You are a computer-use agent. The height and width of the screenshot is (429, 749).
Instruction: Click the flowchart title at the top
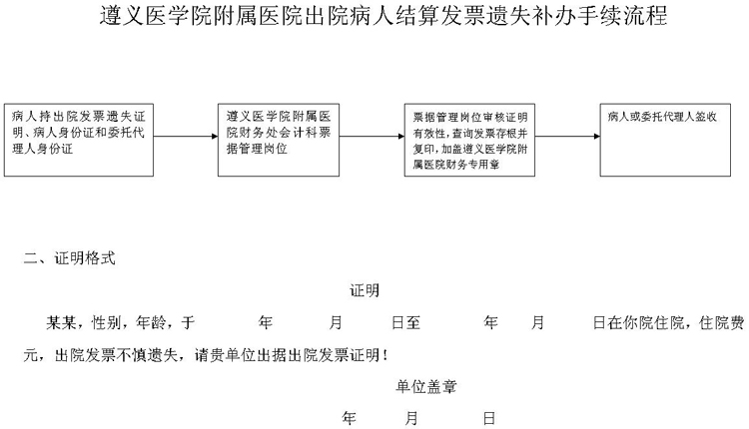[383, 16]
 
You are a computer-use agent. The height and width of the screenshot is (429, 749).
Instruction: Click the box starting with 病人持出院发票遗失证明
[79, 140]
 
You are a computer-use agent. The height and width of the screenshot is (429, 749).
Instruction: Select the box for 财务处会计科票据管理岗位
[279, 140]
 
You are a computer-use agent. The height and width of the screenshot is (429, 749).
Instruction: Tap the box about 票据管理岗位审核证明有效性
[469, 140]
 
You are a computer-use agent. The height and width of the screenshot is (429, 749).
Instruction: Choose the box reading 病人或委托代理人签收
[665, 140]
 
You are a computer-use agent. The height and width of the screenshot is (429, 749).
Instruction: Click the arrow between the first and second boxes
[186, 136]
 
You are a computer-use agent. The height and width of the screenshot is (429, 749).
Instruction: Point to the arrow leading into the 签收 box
[567, 136]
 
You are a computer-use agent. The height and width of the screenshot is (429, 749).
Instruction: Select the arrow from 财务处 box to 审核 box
[372, 136]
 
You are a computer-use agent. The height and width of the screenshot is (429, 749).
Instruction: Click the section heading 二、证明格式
[70, 258]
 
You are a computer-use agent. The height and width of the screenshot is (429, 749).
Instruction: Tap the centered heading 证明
[365, 290]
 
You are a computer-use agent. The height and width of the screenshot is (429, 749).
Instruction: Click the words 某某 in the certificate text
[61, 322]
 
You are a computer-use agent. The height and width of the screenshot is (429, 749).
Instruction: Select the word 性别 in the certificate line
[106, 322]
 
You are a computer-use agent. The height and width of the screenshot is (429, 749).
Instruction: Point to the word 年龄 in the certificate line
[151, 322]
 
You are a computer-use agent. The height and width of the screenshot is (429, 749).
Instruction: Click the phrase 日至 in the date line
[406, 322]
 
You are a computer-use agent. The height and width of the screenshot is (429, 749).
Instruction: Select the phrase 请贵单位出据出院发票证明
[287, 355]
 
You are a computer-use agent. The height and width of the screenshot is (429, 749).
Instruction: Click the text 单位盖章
[425, 386]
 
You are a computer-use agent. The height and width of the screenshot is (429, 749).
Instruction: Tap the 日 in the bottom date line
[488, 418]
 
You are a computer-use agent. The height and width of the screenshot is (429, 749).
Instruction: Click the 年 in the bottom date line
[350, 418]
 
